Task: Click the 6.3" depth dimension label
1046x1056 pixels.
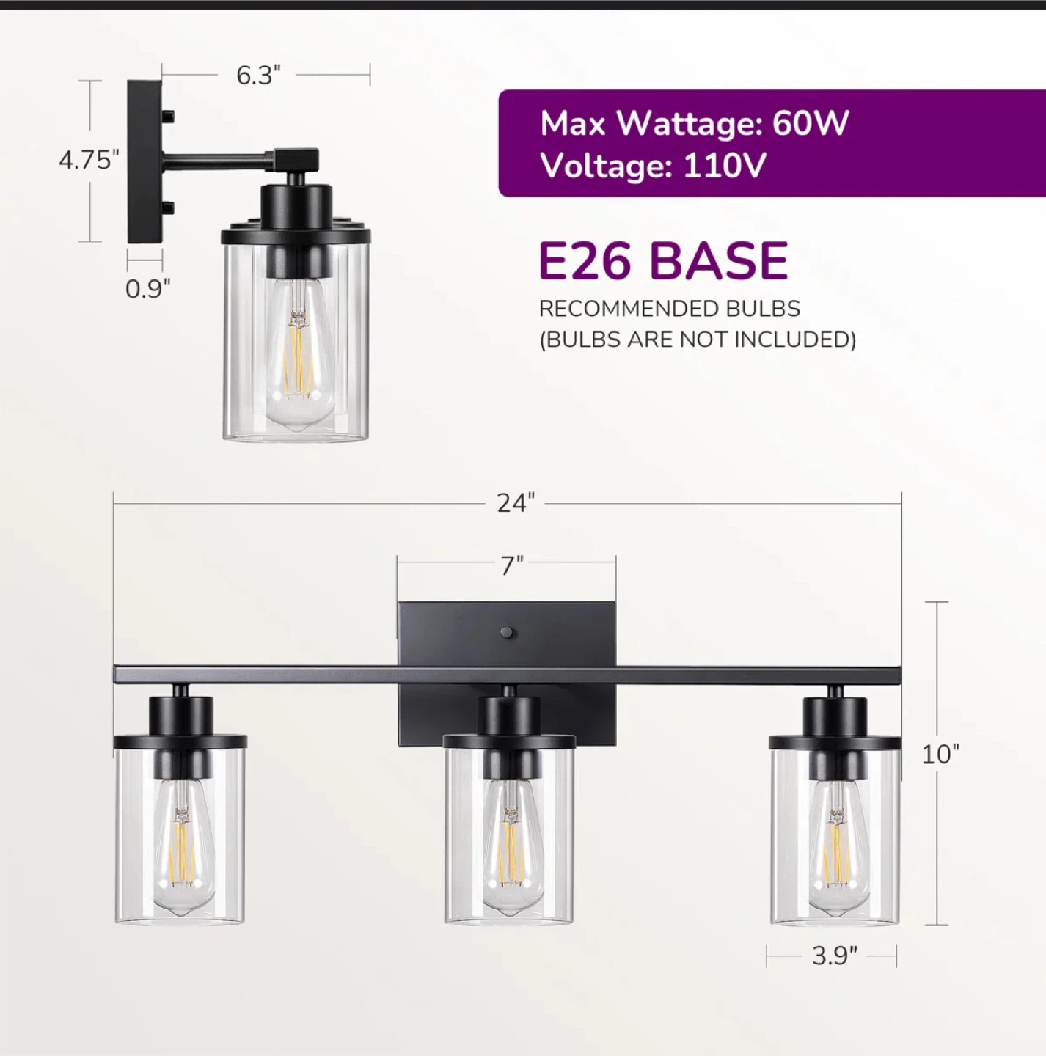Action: pos(258,75)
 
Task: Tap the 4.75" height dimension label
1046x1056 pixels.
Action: pos(89,160)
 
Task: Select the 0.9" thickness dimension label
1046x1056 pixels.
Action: pos(147,289)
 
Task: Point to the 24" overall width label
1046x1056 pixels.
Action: pos(516,503)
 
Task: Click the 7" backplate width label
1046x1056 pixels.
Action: pos(512,565)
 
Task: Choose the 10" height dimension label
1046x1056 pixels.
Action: pos(940,754)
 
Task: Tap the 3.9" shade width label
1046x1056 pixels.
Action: pos(834,956)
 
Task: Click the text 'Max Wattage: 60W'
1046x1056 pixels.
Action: pos(694,123)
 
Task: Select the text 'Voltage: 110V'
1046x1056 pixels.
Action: pos(653,166)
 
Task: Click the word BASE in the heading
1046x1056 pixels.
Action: pos(718,260)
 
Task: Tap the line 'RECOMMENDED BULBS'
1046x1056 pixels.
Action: pos(669,309)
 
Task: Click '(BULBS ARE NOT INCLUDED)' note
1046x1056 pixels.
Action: pos(698,340)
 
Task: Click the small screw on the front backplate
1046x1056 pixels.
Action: pos(506,631)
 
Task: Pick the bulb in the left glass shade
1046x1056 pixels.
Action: pos(180,843)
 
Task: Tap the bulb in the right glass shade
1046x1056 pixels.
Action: pos(836,843)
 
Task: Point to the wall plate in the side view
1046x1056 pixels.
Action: pos(144,161)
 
